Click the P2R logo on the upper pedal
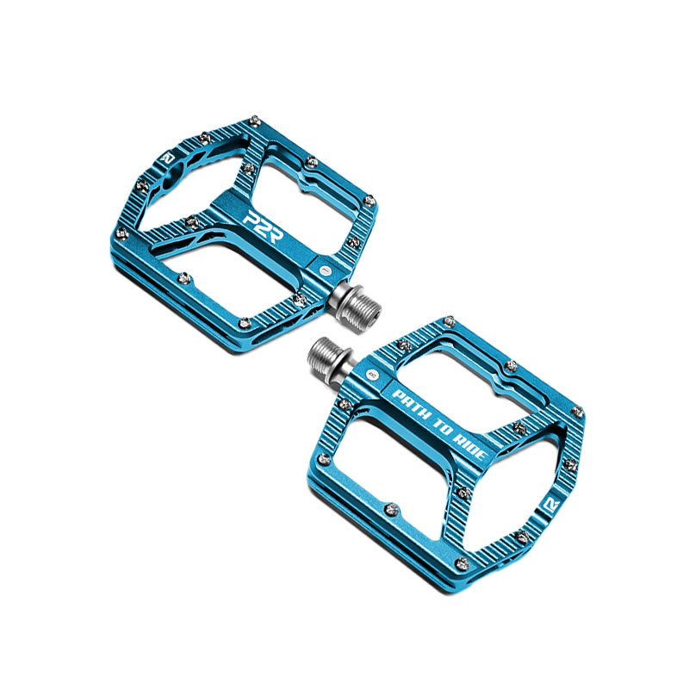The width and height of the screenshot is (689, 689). pyautogui.click(x=264, y=227)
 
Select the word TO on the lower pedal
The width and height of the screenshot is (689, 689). pyautogui.click(x=442, y=426)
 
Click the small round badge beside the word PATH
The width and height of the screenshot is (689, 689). pyautogui.click(x=373, y=375)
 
